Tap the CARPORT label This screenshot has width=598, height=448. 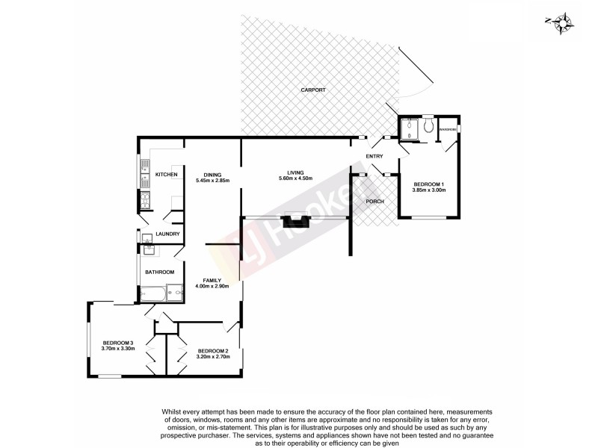(x=313, y=90)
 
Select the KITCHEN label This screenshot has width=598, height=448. (x=166, y=175)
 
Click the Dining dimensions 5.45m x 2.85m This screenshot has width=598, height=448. (x=212, y=181)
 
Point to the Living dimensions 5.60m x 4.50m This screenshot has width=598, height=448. (x=295, y=178)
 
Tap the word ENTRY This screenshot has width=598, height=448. (x=374, y=156)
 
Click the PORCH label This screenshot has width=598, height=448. (x=374, y=202)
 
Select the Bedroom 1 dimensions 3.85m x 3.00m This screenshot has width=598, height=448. (x=428, y=190)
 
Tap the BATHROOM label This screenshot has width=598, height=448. (x=159, y=272)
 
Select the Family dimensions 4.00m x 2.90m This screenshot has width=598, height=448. (x=212, y=286)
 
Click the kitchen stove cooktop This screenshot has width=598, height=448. (x=144, y=199)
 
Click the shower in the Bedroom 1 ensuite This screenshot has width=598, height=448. (x=408, y=129)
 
